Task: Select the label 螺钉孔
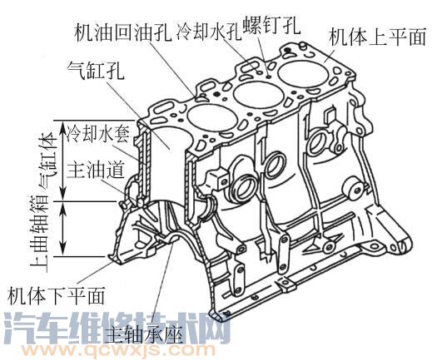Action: click(271, 24)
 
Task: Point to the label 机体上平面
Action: click(377, 37)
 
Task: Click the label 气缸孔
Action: click(96, 71)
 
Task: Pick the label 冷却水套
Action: click(98, 134)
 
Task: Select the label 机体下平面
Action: click(56, 295)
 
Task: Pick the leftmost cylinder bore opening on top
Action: click(212, 118)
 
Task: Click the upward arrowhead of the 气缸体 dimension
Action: click(63, 126)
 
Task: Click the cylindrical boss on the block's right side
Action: click(354, 189)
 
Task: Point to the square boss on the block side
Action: click(218, 179)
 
